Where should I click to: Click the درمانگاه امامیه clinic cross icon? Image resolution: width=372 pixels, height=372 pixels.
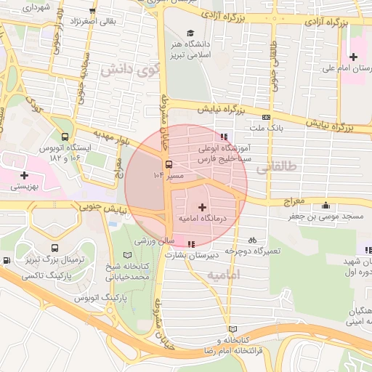pos(202,208)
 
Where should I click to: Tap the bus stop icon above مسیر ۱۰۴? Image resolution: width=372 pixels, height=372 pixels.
pos(169,164)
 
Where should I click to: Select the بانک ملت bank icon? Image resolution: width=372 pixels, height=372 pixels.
pos(266,116)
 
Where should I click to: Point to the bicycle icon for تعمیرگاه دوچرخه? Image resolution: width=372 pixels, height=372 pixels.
pos(252,239)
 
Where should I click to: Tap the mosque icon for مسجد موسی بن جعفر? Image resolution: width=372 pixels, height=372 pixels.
pos(324,205)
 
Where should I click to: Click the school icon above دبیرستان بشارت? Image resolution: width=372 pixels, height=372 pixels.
pos(190,245)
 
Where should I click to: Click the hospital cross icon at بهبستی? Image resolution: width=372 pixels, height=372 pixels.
pos(25,175)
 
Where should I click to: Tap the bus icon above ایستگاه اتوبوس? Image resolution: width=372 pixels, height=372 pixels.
pos(65,136)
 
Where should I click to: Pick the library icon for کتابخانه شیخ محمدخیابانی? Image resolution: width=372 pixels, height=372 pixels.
pos(129,256)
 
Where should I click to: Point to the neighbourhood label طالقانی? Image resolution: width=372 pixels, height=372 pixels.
pos(276,166)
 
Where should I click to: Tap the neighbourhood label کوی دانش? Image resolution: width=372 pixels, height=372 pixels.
pos(132,70)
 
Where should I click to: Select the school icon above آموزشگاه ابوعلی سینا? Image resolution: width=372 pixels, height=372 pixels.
pos(223,136)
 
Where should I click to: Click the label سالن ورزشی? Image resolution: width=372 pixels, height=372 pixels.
pos(154,240)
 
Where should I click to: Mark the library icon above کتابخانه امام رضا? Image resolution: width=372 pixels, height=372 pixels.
pos(232,329)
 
